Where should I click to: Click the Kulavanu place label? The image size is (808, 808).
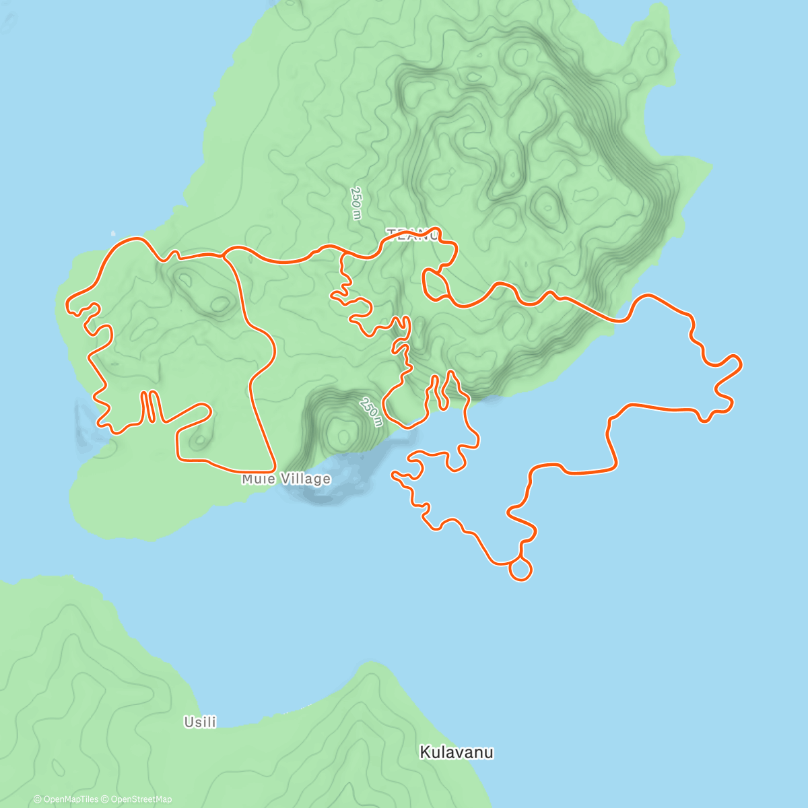[x=457, y=752]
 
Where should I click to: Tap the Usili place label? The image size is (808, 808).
[x=200, y=722]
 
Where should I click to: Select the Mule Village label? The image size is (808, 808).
[x=286, y=479]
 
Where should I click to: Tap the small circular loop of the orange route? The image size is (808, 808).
[x=520, y=570]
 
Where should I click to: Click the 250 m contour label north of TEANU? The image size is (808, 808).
[x=356, y=203]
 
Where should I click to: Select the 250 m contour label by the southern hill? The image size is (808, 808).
[x=370, y=412]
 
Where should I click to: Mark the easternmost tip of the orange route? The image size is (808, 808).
[x=740, y=364]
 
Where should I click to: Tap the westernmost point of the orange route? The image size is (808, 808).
[x=67, y=306]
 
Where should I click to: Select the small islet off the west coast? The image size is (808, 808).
[x=112, y=234]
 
